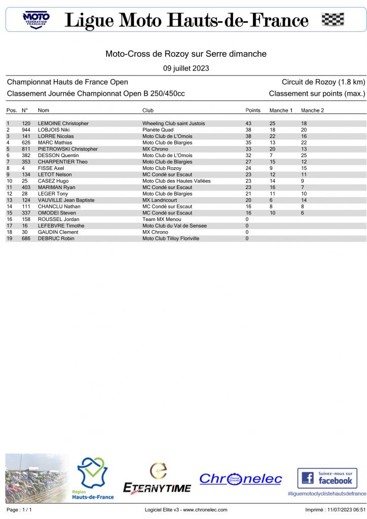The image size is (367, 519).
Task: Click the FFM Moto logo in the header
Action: coord(36,20)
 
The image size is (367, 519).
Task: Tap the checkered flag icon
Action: coord(333,20)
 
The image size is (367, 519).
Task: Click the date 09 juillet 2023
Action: coord(186,68)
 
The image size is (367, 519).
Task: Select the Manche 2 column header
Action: coord(312,110)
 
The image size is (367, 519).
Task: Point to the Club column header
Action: coord(148,110)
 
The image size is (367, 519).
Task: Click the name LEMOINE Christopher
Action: coord(63,124)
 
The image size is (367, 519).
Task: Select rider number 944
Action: coord(26,130)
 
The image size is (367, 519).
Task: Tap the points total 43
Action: coord(248,124)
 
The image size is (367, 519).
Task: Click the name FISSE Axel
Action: coord(51,168)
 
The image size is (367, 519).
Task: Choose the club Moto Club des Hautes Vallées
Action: coord(176,181)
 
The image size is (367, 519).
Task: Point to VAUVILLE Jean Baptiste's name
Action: coord(66,200)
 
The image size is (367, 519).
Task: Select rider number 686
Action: coord(26,238)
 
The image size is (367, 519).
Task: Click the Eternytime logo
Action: coord(158,479)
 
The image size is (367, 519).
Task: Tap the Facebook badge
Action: coord(327,478)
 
